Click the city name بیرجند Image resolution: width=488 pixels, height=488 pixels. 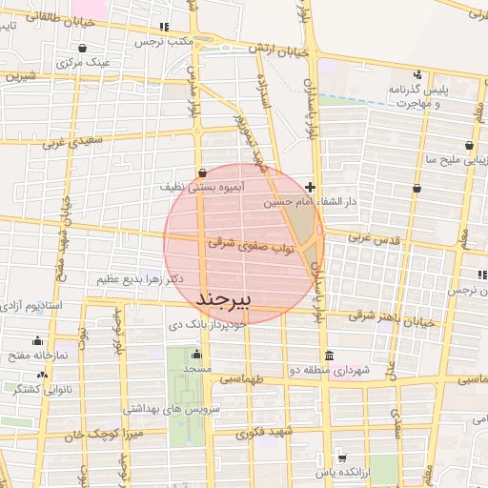click(x=226, y=299)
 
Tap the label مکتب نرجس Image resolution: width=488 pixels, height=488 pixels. click(x=166, y=42)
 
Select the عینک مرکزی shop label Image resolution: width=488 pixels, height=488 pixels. click(x=84, y=63)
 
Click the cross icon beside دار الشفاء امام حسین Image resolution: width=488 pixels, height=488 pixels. click(x=311, y=188)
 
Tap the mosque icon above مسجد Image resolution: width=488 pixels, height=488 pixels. click(x=196, y=354)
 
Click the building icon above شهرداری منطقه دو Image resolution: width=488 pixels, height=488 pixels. click(x=330, y=355)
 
